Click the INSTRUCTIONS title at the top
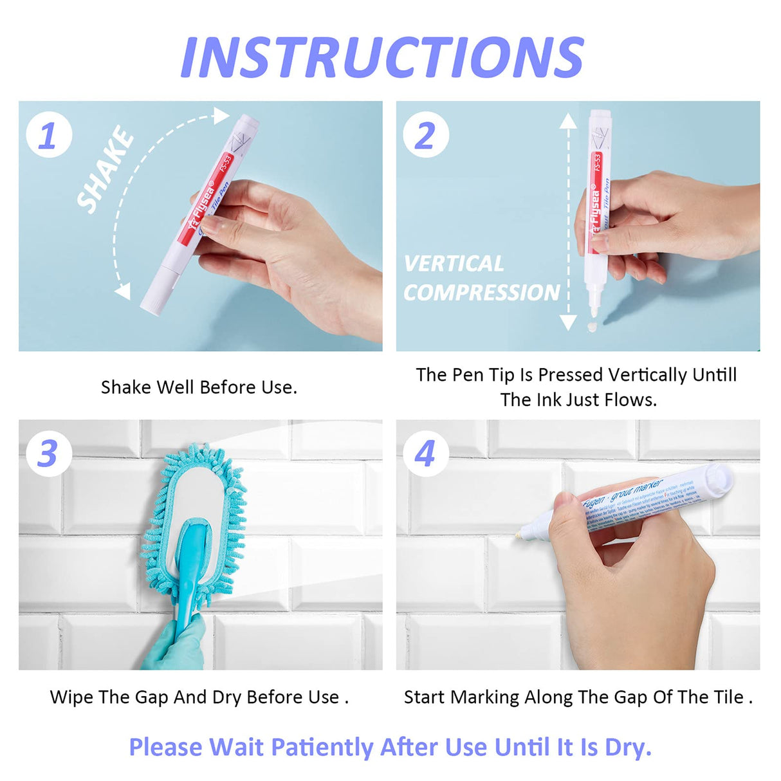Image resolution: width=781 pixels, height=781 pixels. tap(382, 58)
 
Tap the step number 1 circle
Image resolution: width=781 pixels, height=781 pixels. tap(48, 135)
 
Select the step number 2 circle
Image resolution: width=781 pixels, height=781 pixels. tap(425, 135)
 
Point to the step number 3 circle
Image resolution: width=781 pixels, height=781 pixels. tap(48, 454)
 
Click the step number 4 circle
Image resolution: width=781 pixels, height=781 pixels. tap(425, 454)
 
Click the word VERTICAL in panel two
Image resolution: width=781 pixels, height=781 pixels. tap(454, 264)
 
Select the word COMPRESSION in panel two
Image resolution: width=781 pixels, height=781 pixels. tap(481, 293)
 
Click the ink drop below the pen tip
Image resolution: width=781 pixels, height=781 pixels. tap(592, 327)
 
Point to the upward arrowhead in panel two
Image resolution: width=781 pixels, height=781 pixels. tap(567, 121)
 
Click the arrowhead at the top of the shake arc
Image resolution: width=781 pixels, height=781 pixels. tap(222, 116)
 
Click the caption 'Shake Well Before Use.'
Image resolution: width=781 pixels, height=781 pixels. tap(199, 387)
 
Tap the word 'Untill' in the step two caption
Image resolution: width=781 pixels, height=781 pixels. tap(714, 374)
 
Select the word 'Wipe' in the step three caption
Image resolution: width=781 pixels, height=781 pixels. tap(71, 697)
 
